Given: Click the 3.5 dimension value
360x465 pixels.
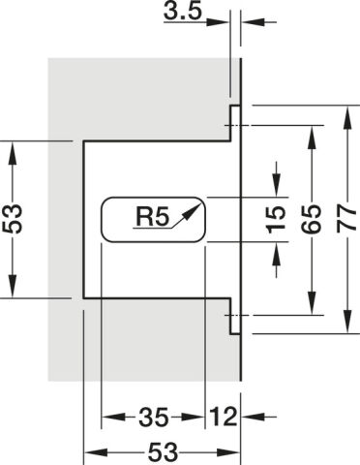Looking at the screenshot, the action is coord(183,12).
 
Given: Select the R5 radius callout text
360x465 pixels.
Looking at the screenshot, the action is coord(153,217).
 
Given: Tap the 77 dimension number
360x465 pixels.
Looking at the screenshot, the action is coord(346,220).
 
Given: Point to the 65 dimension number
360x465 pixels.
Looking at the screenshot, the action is coord(312,219).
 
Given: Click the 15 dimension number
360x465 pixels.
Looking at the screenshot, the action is coord(276,219).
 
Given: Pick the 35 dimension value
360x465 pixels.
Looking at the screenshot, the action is coord(154,417).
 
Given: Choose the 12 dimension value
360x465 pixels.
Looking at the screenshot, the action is coord(223,417).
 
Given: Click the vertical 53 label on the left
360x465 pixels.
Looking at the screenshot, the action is coord(13,219).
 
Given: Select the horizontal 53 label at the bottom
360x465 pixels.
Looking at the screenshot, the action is coord(163,451).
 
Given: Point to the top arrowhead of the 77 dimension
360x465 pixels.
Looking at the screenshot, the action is coord(347,115).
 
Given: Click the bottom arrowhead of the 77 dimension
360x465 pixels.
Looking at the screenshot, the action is coord(347,322).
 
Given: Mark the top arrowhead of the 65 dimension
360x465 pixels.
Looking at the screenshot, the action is coord(312,137).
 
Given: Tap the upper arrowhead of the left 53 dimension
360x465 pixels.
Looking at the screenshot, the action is coord(13,153).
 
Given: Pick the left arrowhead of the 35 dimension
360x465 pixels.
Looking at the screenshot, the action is coord(113,417).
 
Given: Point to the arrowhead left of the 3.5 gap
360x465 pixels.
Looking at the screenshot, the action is coord(218,22).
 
